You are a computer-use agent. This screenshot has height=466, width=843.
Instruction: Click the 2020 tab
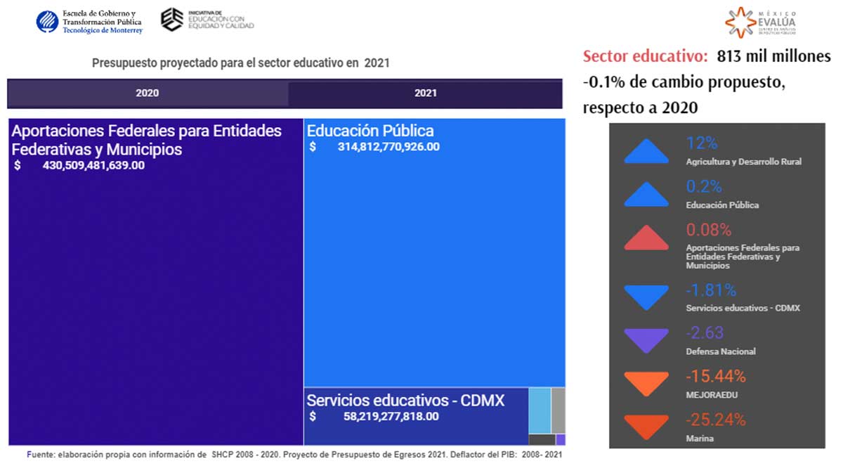(x=147, y=93)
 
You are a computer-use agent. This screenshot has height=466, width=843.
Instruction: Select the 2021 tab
(x=425, y=93)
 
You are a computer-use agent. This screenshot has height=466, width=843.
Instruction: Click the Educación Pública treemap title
(x=370, y=131)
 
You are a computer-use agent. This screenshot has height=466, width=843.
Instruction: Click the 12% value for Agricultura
(x=702, y=143)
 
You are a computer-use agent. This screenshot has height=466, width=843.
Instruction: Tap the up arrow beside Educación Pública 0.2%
(x=646, y=195)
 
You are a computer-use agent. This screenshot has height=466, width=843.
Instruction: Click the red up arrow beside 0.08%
(x=646, y=239)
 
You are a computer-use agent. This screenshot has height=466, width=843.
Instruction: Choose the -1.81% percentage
(x=711, y=290)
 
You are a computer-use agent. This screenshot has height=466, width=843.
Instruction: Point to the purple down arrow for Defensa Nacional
(x=646, y=341)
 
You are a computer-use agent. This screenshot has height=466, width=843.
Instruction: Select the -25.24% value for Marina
(x=715, y=420)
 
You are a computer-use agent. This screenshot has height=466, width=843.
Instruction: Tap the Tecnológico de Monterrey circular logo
(x=48, y=22)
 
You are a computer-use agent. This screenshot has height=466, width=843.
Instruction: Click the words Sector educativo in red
(x=645, y=57)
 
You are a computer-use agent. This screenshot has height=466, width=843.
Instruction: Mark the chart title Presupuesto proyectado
(x=240, y=63)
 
